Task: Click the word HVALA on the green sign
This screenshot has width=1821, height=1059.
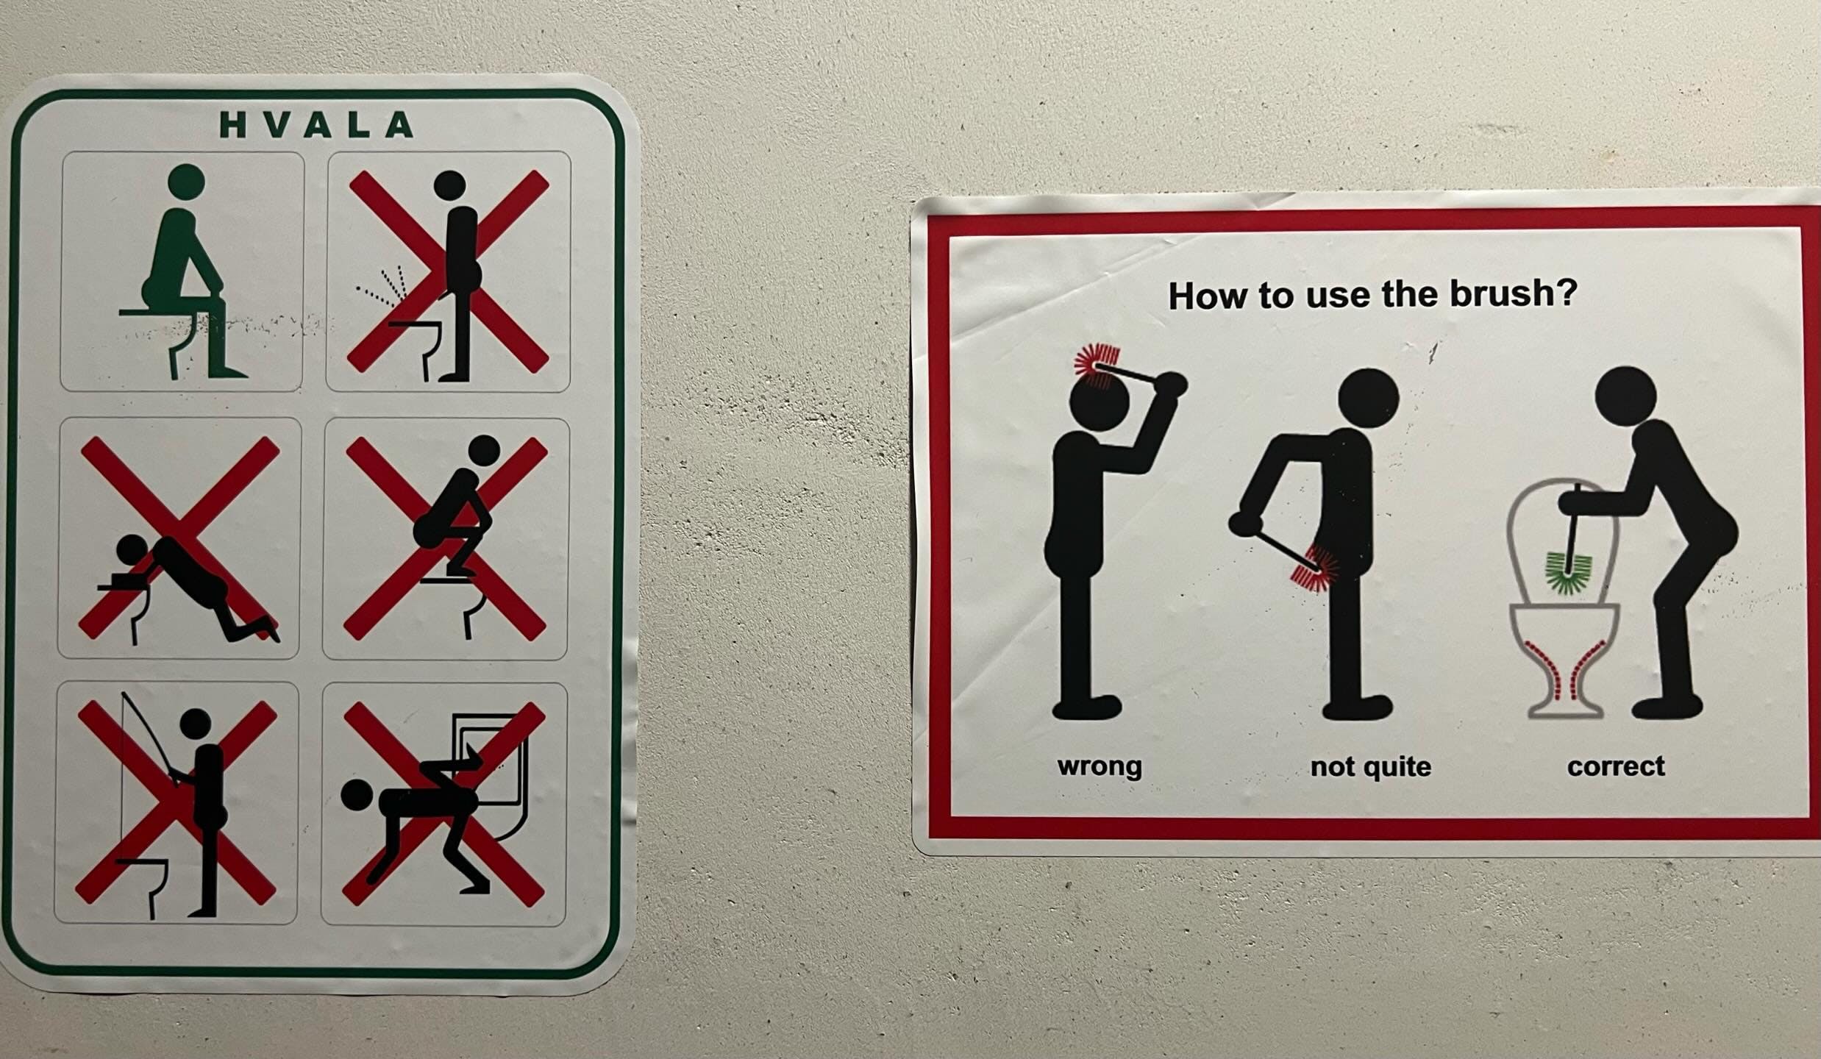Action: click(x=316, y=125)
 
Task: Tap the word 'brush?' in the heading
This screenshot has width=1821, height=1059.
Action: click(x=1514, y=293)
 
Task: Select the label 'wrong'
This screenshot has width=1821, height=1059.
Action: click(x=1100, y=766)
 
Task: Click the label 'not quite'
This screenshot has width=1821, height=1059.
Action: click(x=1370, y=766)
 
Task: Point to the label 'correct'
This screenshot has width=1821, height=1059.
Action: click(x=1616, y=766)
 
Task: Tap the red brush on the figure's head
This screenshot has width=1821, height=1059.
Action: click(x=1095, y=366)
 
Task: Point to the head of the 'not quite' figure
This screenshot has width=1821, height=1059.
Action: click(x=1368, y=398)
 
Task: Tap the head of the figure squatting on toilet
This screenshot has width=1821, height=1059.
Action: click(x=484, y=450)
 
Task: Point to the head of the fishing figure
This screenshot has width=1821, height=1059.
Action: click(x=196, y=724)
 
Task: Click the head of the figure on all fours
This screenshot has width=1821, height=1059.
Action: click(x=358, y=796)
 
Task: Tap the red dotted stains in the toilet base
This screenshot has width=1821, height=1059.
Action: click(x=1564, y=668)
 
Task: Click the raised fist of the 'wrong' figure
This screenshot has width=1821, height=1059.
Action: click(x=1169, y=385)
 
